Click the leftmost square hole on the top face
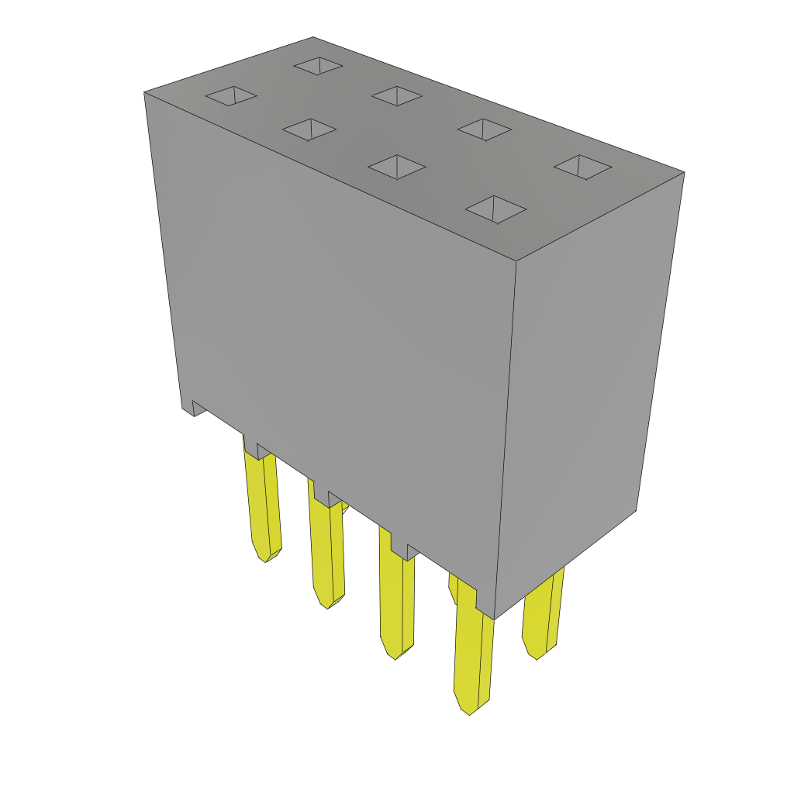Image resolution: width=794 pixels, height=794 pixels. point(231,95)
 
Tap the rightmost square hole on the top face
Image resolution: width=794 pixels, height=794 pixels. point(583,167)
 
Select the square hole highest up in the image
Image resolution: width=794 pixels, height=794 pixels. point(318,66)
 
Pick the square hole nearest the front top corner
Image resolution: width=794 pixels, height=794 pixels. point(495,209)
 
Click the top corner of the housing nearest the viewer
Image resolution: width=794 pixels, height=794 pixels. point(516,261)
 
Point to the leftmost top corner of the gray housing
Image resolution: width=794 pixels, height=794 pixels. point(145,93)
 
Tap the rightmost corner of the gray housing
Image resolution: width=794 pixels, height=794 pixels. point(684,172)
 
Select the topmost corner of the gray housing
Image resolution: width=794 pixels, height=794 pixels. point(313,37)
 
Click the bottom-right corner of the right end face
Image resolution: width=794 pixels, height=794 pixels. point(637,510)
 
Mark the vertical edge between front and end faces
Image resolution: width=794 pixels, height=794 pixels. point(506,434)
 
